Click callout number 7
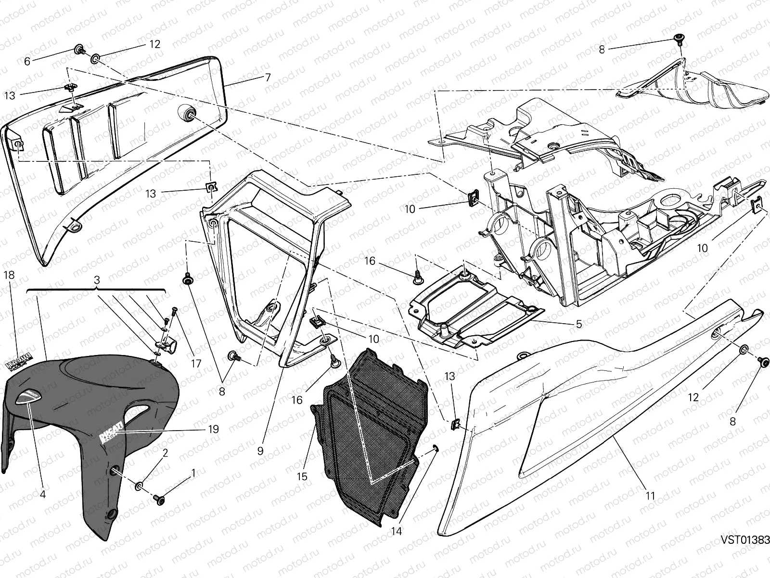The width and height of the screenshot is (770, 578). [x=268, y=77]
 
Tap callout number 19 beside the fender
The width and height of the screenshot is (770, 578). [x=213, y=429]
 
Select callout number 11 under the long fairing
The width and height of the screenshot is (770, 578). [x=650, y=495]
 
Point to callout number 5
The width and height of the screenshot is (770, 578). [x=578, y=324]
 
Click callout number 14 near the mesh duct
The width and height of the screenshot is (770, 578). [x=397, y=531]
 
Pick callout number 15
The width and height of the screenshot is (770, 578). [x=302, y=476]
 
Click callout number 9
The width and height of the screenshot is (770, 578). [x=260, y=451]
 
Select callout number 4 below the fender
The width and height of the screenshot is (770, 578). [x=42, y=494]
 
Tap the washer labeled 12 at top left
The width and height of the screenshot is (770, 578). [x=96, y=59]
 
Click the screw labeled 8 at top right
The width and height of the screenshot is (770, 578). [x=680, y=38]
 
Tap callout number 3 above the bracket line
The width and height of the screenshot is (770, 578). [x=97, y=280]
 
